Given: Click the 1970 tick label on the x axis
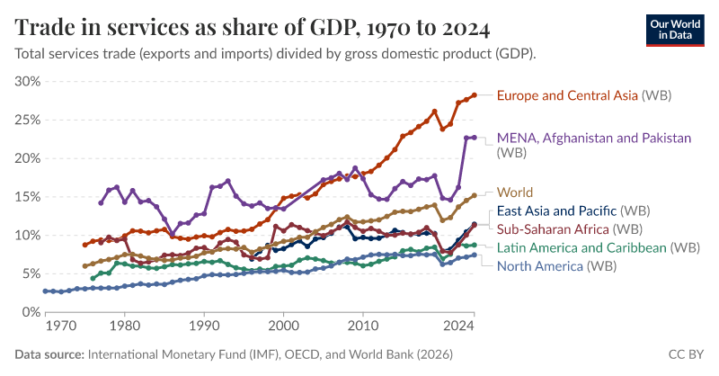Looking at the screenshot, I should click(x=59, y=326).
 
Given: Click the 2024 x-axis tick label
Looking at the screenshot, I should click(x=459, y=326).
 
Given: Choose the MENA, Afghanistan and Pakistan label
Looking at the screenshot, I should click(x=593, y=139).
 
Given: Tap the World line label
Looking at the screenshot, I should click(x=515, y=192).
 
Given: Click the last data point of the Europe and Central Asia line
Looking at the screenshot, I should click(x=475, y=94).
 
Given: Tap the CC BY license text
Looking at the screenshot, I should click(x=687, y=354).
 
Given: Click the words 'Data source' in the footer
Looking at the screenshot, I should click(x=48, y=354).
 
